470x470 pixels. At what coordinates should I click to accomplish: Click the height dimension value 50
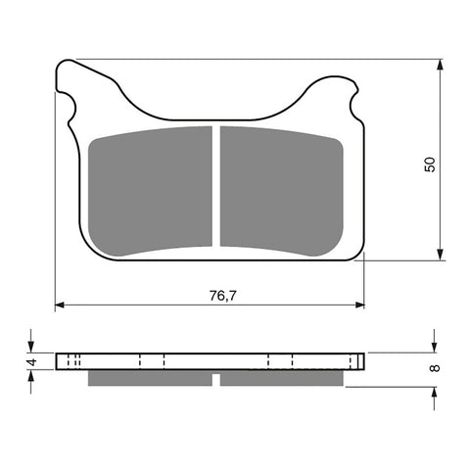429,163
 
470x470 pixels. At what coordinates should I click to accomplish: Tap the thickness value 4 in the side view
31,361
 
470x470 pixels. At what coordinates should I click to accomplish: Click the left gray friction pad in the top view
151,190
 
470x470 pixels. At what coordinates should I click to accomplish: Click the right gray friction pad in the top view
280,190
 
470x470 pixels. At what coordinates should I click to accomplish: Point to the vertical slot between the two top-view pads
215,186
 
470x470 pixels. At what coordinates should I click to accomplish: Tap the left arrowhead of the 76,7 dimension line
60,305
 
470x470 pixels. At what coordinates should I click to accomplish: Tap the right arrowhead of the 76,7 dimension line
359,305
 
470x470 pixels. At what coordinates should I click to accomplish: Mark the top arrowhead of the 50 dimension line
440,64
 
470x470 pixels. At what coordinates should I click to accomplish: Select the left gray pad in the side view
149,377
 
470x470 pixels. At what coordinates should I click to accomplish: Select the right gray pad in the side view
282,377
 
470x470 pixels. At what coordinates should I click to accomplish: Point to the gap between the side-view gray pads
215,377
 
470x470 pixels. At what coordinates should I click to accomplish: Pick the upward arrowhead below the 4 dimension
31,377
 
